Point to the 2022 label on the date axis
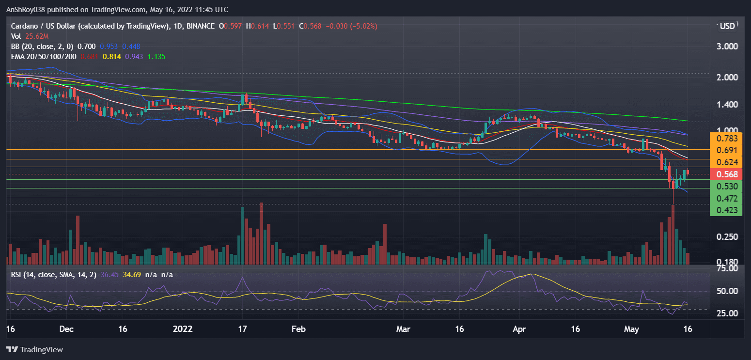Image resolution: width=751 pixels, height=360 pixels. [183, 329]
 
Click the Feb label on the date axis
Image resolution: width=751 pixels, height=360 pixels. [298, 329]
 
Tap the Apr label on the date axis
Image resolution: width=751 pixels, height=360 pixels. [519, 329]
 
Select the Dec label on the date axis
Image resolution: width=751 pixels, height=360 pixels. [66, 329]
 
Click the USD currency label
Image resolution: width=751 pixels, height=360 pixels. [728, 26]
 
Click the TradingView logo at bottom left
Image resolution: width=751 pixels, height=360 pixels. [35, 349]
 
